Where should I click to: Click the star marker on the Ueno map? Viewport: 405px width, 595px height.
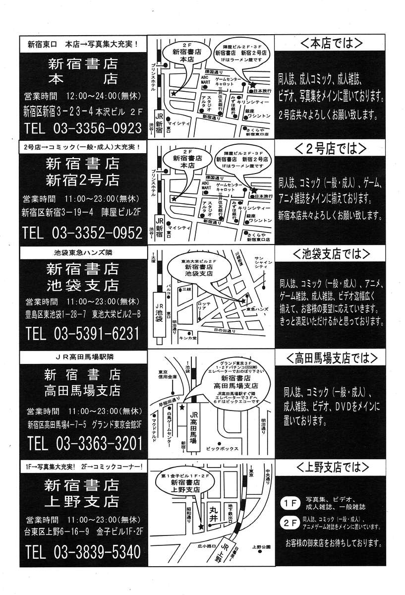point(201,526)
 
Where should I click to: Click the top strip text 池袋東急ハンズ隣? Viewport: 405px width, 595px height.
point(83,253)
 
